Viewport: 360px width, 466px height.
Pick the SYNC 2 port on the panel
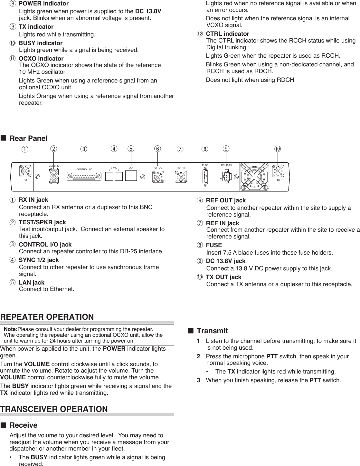[118, 176]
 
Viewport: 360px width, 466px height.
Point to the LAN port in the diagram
[131, 176]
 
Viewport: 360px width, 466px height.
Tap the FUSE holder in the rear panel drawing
[205, 177]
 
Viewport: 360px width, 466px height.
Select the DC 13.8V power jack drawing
[227, 177]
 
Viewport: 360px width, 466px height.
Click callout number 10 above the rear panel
[278, 149]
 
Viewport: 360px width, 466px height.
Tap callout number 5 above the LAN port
[131, 149]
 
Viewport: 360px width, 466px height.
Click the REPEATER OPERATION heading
[47, 317]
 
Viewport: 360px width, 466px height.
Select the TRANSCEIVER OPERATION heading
[54, 409]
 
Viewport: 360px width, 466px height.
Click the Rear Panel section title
[28, 138]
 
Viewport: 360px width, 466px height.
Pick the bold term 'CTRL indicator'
[227, 34]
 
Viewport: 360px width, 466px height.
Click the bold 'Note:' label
[10, 329]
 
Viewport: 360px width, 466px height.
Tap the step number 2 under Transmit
[199, 356]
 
